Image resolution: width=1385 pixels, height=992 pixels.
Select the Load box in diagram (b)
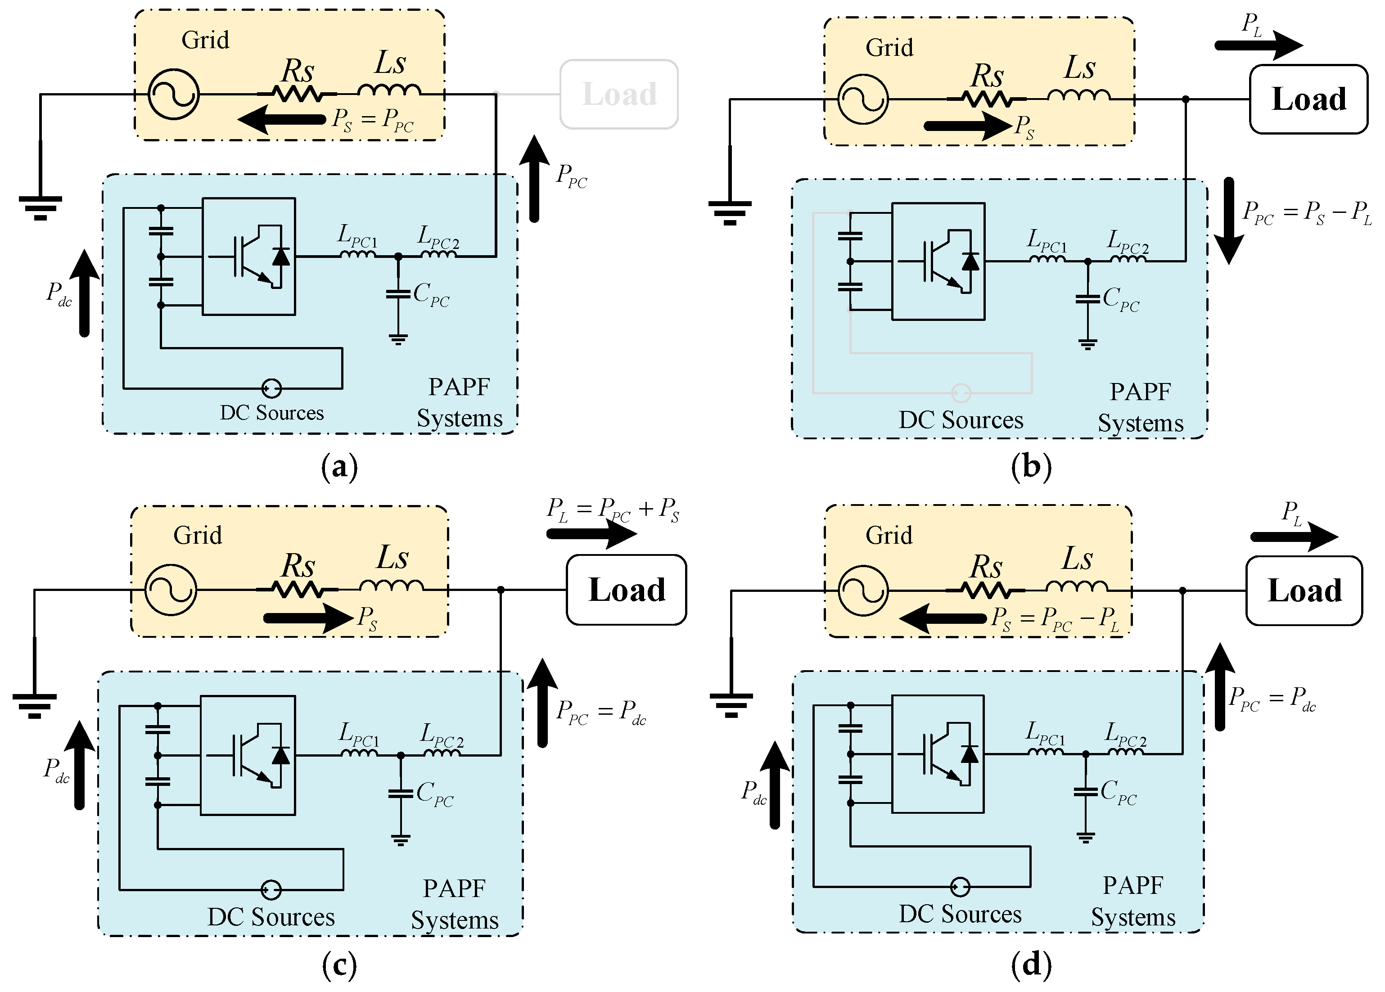[1308, 99]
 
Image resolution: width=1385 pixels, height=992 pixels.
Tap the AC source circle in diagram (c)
[171, 590]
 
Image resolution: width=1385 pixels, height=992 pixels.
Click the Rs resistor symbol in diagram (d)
[985, 591]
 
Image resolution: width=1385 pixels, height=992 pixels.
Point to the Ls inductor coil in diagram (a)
[389, 90]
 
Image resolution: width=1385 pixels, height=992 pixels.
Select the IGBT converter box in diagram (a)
[248, 257]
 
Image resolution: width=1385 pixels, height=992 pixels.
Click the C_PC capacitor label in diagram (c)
[435, 794]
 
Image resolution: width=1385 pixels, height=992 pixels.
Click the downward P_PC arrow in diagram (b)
[1229, 221]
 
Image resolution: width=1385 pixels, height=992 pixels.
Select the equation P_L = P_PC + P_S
[613, 510]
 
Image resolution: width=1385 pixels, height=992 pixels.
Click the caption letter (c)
[339, 965]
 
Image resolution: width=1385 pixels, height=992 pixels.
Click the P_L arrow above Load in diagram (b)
[1259, 45]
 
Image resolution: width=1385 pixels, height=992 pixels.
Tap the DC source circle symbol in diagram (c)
[271, 889]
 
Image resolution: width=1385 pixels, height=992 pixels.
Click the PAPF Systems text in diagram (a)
[459, 402]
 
